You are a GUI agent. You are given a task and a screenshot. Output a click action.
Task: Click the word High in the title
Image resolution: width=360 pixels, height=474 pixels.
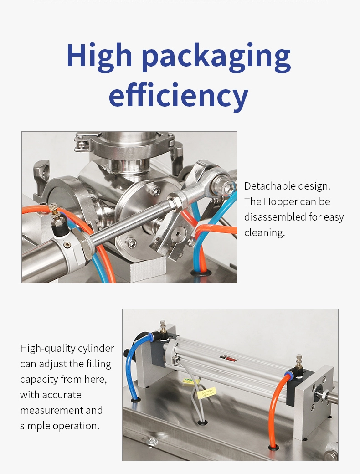click(99, 56)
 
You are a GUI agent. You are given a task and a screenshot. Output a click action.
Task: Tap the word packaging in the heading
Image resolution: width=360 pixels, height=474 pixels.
click(216, 57)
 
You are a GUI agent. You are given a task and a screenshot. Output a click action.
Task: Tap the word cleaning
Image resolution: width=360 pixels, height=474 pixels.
click(264, 233)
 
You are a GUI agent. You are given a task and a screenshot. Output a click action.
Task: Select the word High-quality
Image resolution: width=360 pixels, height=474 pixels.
click(48, 349)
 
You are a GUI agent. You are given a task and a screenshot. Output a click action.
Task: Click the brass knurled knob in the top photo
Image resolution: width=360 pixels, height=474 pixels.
click(53, 209)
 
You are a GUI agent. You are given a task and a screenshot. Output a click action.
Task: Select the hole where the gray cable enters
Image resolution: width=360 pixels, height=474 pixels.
click(202, 422)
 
